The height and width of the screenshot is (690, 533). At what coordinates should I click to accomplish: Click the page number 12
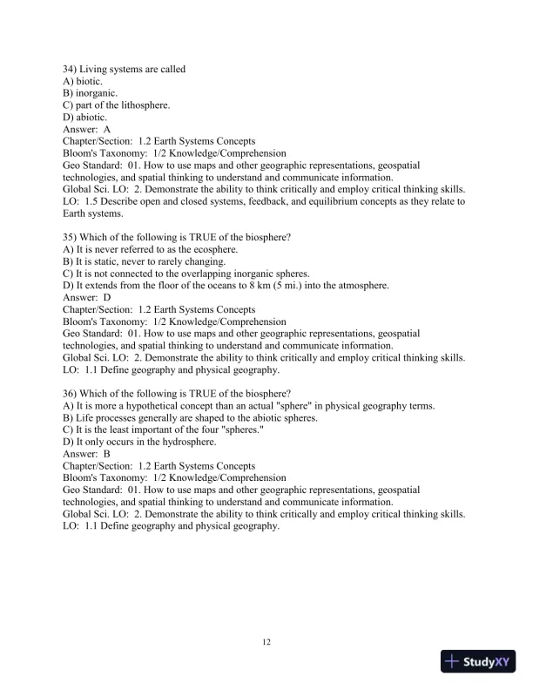[x=266, y=643]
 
